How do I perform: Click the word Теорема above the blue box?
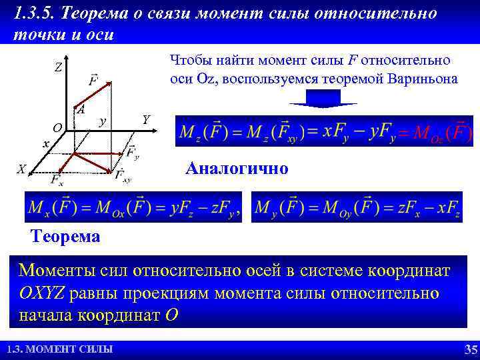point(66,236)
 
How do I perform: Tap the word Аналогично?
point(237,168)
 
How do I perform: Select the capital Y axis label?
point(146,119)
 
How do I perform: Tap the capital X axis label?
point(21,169)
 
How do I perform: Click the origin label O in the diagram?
point(57,127)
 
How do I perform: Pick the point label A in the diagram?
point(80,110)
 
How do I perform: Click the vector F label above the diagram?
point(93,81)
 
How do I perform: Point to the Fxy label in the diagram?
point(123,176)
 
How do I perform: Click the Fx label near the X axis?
point(57,180)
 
